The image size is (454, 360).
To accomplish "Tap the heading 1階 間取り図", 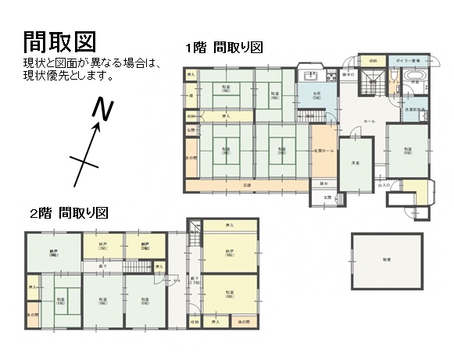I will [223, 47].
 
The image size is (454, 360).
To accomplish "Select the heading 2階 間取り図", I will [68, 212].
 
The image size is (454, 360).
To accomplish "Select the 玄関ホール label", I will [324, 150].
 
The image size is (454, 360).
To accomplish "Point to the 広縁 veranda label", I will [246, 185].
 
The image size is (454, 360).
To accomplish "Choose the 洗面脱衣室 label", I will [414, 110].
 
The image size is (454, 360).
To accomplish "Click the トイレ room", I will [392, 80].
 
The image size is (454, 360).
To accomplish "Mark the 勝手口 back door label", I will [348, 74].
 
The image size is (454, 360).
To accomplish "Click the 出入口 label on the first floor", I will [384, 185].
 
